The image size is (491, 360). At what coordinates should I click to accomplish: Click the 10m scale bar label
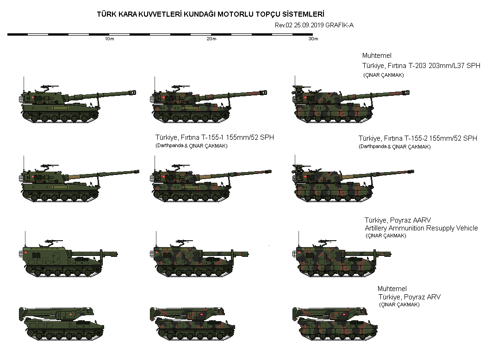pos(109,39)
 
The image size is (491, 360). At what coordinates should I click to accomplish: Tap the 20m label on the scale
pos(211,39)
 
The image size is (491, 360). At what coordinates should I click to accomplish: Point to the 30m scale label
pos(313,39)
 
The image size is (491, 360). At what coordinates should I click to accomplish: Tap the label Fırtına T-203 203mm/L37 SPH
pos(421,66)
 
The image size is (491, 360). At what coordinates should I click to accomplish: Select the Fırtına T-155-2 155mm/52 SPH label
pos(417,138)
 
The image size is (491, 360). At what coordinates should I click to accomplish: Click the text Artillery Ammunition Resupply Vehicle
pos(421,228)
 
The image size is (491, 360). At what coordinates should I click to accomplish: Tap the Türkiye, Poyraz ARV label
pos(409,297)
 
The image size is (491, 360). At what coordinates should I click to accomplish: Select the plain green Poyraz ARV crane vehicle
pos(58,322)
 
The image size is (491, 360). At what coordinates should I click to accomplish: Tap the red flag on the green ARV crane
pos(71,314)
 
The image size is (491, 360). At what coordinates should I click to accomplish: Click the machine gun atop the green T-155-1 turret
pos(48,165)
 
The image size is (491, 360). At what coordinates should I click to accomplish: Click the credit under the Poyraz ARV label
pos(399,305)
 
